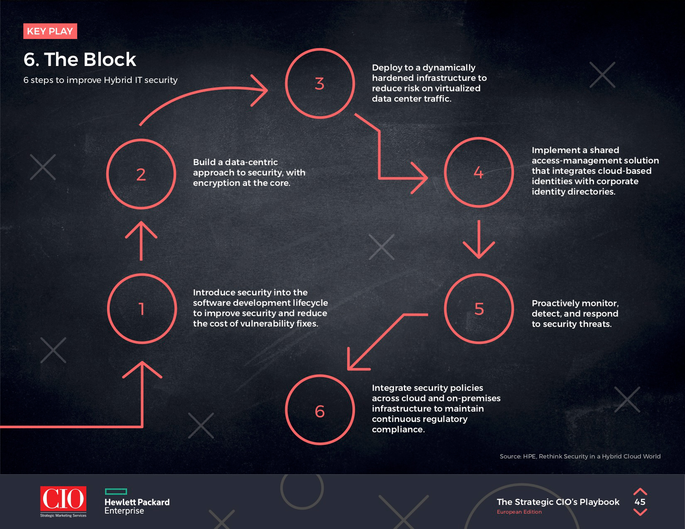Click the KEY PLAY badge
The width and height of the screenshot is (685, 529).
coord(50,32)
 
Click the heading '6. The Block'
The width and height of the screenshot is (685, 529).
coord(80,59)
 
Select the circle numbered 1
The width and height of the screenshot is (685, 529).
coord(142,309)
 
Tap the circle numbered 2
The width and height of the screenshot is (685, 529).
coord(141,174)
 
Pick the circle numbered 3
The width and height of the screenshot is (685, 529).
coord(320,83)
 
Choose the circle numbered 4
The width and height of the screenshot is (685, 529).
coord(479,172)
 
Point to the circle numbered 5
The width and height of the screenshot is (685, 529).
coord(479,309)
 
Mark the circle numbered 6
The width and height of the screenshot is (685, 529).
coord(320,411)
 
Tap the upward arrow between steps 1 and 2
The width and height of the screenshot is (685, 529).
coord(141,241)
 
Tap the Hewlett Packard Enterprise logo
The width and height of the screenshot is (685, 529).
coord(137,502)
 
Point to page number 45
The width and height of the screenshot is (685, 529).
coord(640,502)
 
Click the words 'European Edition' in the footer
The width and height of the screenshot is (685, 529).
coord(519,512)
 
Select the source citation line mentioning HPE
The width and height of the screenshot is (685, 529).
coord(580,456)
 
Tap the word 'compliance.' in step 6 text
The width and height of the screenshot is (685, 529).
coord(398,429)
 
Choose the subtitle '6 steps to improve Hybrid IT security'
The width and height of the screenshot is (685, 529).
coord(100,80)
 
